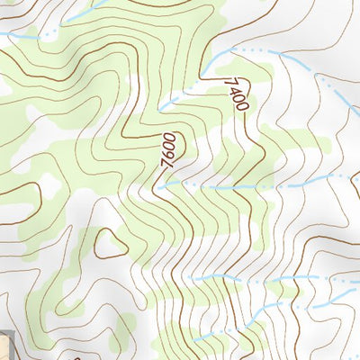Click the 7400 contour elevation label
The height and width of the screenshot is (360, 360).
(235, 94)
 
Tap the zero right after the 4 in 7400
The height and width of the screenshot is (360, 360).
(238, 99)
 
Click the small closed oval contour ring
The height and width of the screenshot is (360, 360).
(111, 243)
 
